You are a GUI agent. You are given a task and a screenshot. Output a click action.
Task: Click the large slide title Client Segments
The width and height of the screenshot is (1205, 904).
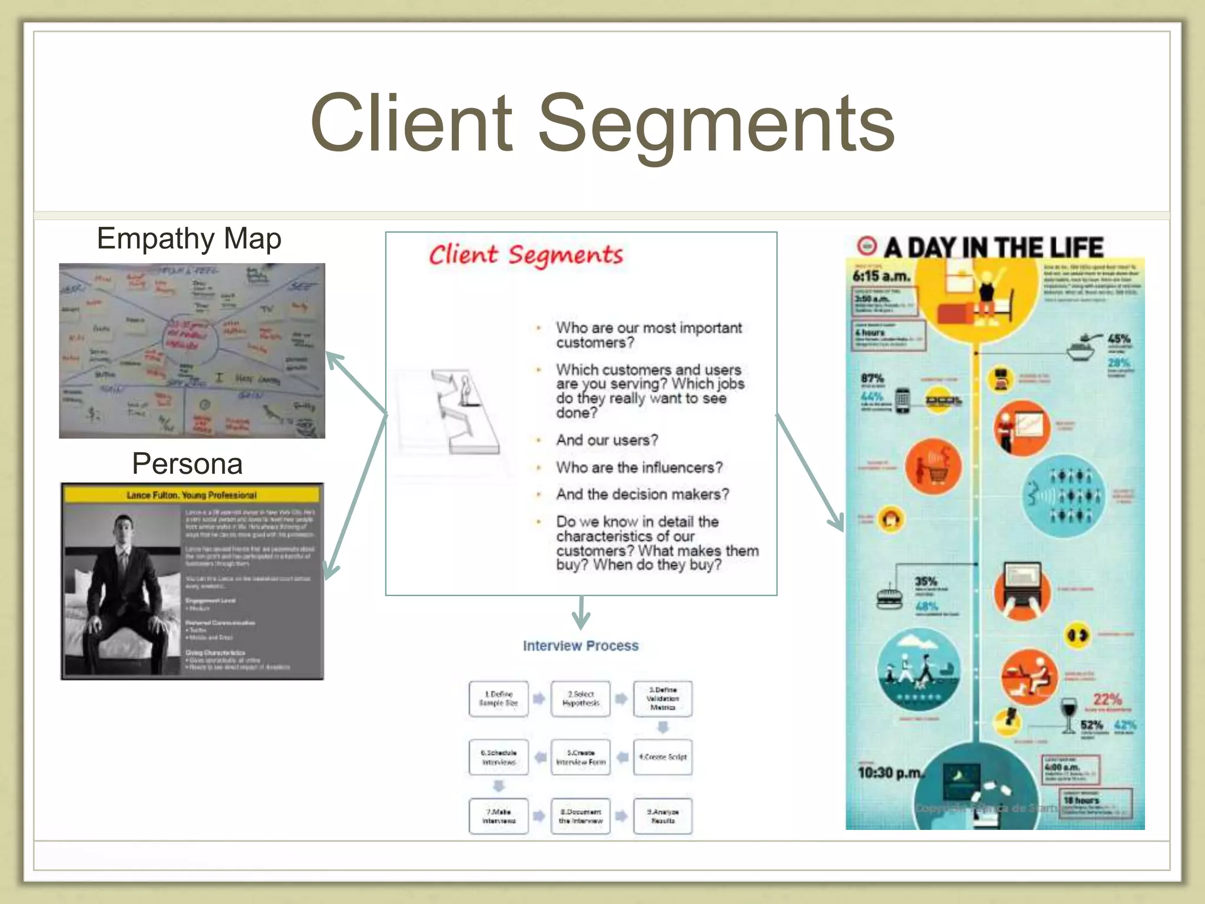point(602,124)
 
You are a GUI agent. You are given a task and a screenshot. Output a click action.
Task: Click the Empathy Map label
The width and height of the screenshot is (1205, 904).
point(189,239)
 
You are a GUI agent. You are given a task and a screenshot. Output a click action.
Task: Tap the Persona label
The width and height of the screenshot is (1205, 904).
point(187,464)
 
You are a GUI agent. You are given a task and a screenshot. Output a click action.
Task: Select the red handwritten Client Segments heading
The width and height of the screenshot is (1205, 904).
point(525,255)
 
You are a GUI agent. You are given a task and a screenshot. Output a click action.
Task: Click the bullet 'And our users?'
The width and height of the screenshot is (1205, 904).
point(607,440)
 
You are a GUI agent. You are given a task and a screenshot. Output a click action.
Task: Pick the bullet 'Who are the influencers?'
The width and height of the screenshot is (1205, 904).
point(639,467)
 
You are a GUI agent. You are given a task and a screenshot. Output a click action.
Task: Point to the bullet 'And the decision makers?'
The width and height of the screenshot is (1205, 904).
point(642,494)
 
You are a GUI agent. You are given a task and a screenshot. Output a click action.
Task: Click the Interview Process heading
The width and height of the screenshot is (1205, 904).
point(580,646)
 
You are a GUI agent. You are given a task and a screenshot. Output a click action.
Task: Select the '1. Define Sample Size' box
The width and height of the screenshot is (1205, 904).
point(498,699)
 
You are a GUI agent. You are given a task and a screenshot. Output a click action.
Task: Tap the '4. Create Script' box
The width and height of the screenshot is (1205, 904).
point(663,757)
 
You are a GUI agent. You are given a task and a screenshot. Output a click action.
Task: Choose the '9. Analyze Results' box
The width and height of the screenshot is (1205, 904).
point(663,816)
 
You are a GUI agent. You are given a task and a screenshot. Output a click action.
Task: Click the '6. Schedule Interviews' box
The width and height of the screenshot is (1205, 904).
point(498,757)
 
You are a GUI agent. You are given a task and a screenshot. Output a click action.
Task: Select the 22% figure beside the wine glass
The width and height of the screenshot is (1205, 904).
point(1107,699)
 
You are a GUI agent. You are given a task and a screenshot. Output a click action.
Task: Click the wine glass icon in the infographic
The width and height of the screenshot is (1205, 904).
point(1068,714)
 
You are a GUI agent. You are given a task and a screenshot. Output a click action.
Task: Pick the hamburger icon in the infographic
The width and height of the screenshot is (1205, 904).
point(889,598)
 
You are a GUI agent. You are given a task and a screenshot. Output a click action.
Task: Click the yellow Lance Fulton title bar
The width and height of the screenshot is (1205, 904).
point(192,494)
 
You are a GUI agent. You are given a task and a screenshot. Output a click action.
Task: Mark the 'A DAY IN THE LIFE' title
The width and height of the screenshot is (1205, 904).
point(993,247)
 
